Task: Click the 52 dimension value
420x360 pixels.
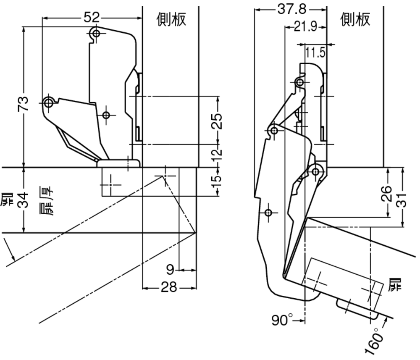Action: pyautogui.click(x=92, y=17)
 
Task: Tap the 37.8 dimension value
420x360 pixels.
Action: pyautogui.click(x=291, y=8)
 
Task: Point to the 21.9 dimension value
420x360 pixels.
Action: pyautogui.click(x=305, y=27)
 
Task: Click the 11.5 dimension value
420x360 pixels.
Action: pyautogui.click(x=315, y=53)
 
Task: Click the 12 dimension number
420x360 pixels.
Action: pyautogui.click(x=218, y=155)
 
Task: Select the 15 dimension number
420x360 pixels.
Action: pyautogui.click(x=218, y=180)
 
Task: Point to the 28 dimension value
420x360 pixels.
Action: pyautogui.click(x=168, y=288)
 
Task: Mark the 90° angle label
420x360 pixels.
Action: pyautogui.click(x=282, y=321)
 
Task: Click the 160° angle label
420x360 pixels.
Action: pyautogui.click(x=375, y=341)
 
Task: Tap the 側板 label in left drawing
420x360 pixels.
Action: pyautogui.click(x=171, y=19)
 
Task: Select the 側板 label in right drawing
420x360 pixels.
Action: pyautogui.click(x=356, y=19)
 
